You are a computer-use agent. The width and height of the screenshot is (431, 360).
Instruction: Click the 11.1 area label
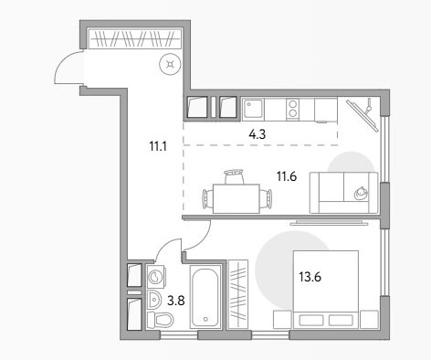[x=158, y=146]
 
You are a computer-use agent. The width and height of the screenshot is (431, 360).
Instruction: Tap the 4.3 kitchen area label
[x=258, y=134]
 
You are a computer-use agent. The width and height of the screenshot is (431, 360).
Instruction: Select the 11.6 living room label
[x=287, y=176]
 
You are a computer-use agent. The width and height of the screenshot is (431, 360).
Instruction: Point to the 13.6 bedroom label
[x=310, y=277]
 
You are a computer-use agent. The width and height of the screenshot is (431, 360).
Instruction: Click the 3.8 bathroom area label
[x=176, y=301]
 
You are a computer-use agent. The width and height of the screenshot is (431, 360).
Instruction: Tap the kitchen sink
[x=253, y=109]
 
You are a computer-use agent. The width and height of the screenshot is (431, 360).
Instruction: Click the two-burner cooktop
[x=292, y=109]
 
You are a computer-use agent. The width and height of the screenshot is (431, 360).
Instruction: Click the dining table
[x=237, y=198]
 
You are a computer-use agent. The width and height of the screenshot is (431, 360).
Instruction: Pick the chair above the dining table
[x=235, y=176]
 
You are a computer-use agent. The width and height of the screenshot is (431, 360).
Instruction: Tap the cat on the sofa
[x=361, y=194]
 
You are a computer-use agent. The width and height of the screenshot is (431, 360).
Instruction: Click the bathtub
[x=205, y=297]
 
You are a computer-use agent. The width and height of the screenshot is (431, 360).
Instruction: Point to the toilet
[x=160, y=320]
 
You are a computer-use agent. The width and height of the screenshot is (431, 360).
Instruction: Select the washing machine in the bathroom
[x=156, y=277]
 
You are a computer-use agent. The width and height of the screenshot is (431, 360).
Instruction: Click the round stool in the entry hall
[x=170, y=64]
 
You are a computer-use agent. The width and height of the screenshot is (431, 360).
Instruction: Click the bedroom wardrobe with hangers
[x=238, y=294]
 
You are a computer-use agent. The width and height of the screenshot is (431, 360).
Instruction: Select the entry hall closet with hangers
[x=134, y=38]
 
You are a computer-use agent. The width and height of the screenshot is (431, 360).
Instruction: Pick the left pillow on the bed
[x=311, y=320]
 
